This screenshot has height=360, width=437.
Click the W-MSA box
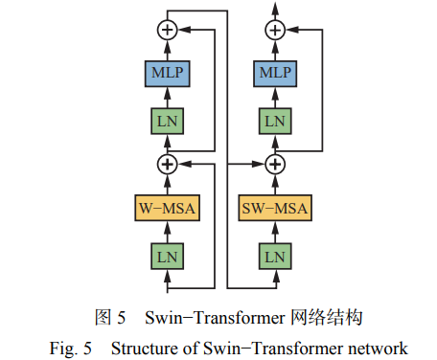point(168,207)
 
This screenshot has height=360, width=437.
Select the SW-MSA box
point(275,207)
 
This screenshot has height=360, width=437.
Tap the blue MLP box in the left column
point(168,72)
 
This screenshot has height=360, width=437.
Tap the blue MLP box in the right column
point(275,72)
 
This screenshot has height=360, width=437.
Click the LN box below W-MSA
point(168,256)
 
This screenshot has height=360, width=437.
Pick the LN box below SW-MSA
point(275,256)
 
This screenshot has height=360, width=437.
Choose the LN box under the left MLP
point(168,121)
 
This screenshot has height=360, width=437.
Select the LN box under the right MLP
point(275,121)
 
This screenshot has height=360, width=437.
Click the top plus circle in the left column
point(168,31)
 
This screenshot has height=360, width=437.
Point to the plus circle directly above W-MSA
point(168,164)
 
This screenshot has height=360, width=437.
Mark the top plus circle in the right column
point(275,31)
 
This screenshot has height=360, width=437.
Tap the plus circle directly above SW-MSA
point(275,164)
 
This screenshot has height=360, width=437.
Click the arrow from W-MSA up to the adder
point(168,184)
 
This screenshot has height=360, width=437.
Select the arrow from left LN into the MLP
point(168,96)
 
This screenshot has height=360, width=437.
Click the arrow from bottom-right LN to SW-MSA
point(275,232)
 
